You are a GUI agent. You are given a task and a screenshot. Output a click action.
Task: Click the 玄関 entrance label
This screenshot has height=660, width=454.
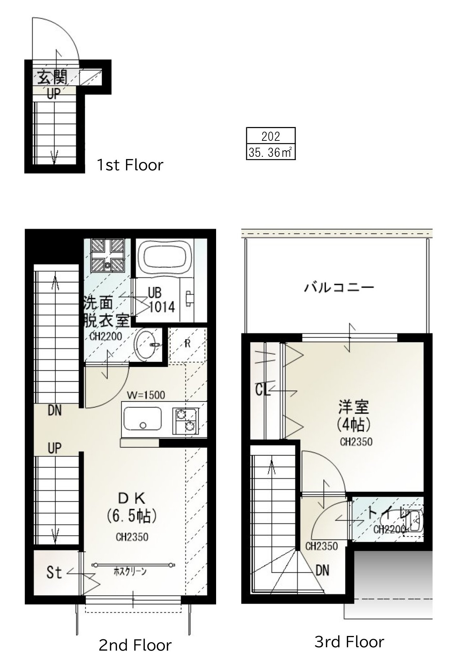(53, 77)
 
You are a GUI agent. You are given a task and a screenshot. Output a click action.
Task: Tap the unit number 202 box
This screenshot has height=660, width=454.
(271, 136)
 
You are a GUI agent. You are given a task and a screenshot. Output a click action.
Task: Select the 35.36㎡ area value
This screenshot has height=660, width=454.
(271, 152)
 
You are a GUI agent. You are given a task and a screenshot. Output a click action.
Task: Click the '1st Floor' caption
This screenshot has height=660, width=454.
(130, 165)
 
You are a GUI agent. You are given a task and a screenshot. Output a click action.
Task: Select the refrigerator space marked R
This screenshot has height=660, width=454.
(187, 344)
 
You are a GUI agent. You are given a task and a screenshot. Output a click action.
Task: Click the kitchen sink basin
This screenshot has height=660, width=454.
(142, 419)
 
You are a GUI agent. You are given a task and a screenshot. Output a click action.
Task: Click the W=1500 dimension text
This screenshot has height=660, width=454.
(146, 395)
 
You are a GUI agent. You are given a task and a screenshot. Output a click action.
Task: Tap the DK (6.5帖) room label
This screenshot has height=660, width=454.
(132, 507)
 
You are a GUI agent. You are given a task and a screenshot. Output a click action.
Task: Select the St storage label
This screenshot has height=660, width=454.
(54, 572)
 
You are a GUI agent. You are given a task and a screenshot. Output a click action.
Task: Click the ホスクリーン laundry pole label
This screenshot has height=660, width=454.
(130, 572)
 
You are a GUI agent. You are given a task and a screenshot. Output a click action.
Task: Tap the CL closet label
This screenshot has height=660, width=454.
(263, 390)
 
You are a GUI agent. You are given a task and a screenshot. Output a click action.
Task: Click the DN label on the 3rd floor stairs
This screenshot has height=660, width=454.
(322, 570)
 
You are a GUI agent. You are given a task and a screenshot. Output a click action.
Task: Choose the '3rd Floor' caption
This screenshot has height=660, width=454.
(349, 642)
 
